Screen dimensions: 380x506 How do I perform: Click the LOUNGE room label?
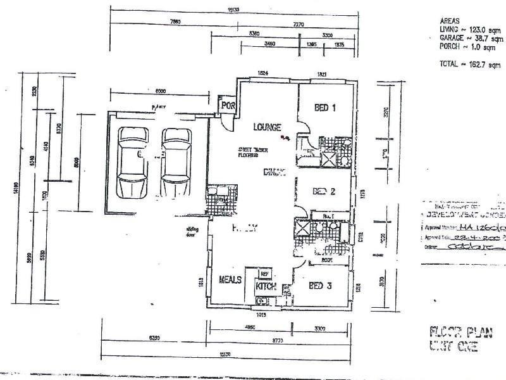point(267,127)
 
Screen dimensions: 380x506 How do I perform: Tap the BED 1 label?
point(324,108)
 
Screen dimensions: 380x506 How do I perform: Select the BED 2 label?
point(323,191)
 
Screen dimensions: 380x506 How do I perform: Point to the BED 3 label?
point(323,286)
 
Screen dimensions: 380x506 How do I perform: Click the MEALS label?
point(231,280)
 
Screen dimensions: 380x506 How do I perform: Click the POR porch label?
point(226,106)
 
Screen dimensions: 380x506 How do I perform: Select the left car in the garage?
point(134,163)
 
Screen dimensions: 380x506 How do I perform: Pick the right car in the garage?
point(177,163)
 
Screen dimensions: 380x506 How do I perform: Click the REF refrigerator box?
point(264,274)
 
